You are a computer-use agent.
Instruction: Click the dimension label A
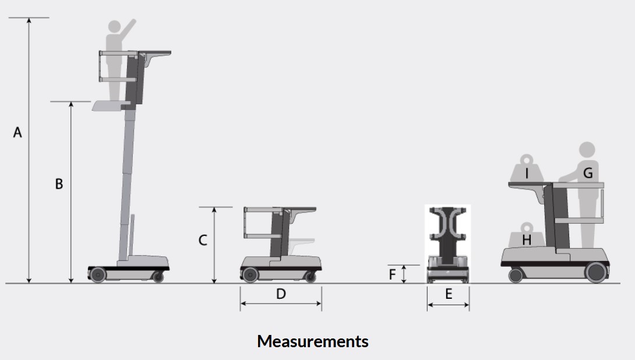(x=17, y=132)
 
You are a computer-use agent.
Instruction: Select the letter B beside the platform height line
(x=59, y=184)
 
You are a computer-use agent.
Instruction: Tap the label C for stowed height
(x=203, y=240)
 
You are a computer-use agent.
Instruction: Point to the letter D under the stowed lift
(x=281, y=294)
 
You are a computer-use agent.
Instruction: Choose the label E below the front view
(x=449, y=294)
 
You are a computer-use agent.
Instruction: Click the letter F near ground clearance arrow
(x=392, y=274)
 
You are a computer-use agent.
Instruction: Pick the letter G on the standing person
(x=588, y=173)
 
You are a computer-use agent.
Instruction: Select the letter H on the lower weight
(x=527, y=240)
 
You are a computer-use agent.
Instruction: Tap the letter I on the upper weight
(x=527, y=174)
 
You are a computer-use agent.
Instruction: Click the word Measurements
(x=313, y=341)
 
